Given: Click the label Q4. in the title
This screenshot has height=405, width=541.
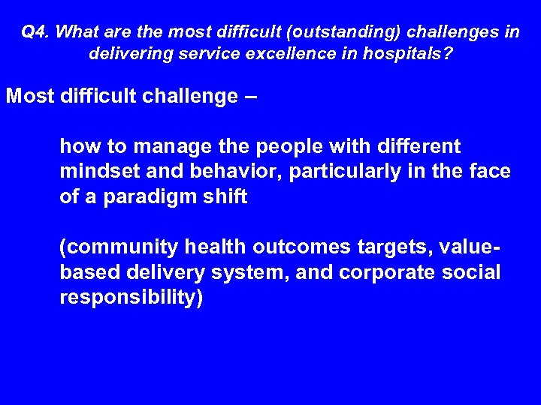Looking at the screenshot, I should click(x=35, y=32).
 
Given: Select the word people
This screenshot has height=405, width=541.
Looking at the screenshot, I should click(x=277, y=146).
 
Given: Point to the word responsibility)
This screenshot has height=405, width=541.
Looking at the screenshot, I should click(x=131, y=298).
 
